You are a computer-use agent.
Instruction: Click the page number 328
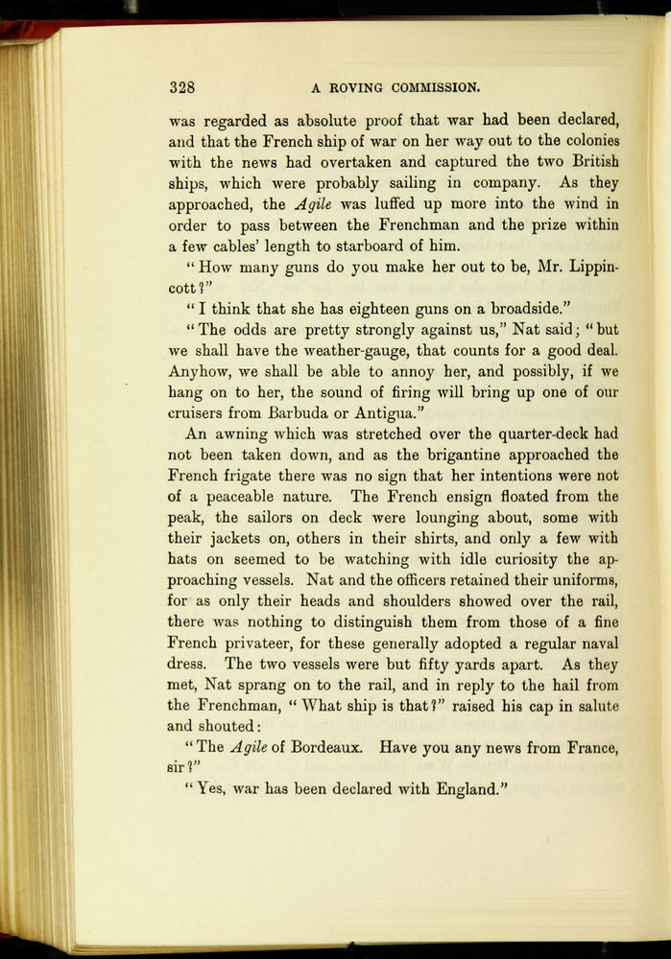pos(182,87)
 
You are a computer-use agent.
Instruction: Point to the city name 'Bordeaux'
pos(323,747)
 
